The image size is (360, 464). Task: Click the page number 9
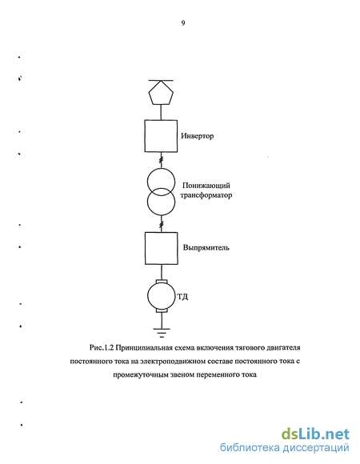point(183,23)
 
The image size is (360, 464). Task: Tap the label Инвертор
point(198,136)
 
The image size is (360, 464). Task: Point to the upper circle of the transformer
point(148,182)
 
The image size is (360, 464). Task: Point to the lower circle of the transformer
point(148,202)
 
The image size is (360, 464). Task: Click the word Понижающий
point(206,186)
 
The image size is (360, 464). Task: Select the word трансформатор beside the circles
point(206,195)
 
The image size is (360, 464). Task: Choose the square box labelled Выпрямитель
point(146,248)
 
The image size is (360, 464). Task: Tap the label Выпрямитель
point(206,248)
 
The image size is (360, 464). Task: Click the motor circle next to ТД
point(148,296)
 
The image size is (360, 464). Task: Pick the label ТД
point(182,297)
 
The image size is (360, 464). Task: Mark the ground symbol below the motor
point(162,333)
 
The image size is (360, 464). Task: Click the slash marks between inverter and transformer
point(162,161)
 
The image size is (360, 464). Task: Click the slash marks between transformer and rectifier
point(162,225)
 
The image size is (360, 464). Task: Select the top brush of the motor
point(162,281)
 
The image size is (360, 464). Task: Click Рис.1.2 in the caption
point(102,348)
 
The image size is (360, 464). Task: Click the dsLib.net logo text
point(315,434)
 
